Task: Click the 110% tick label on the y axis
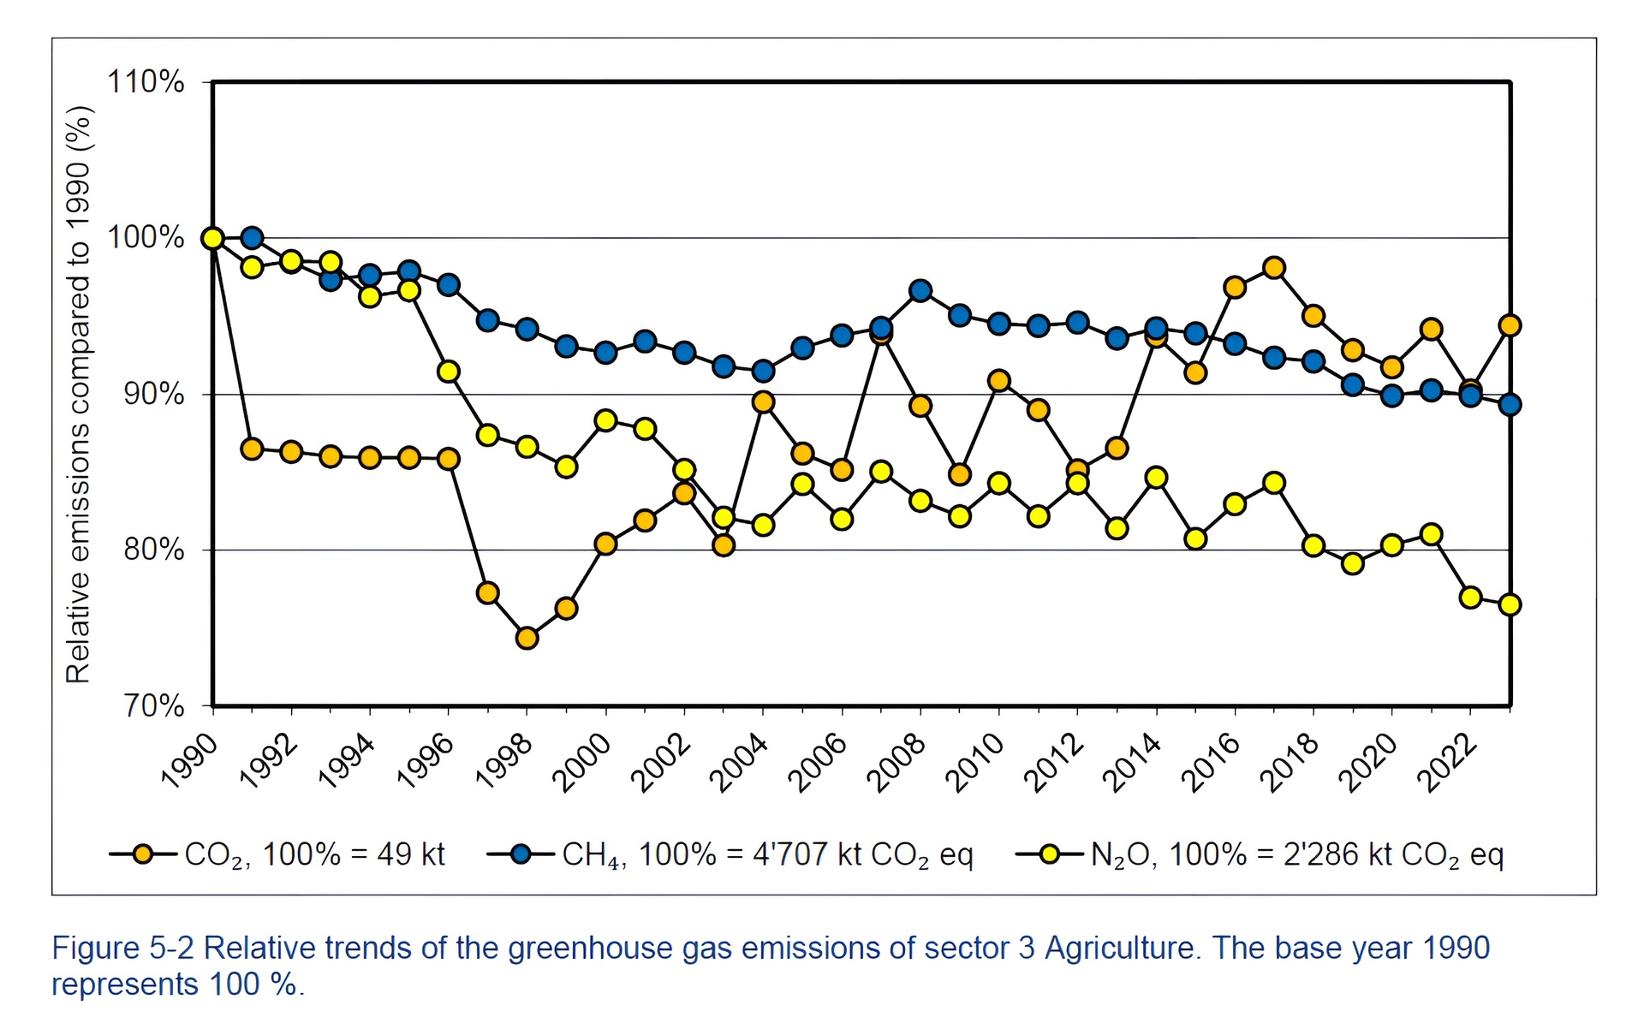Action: [146, 82]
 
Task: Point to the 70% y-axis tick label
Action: [153, 706]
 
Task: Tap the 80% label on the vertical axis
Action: [153, 550]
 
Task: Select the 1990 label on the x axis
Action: [190, 763]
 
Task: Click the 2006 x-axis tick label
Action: [818, 763]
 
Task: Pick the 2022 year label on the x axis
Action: [1446, 763]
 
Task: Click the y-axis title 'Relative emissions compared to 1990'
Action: [79, 394]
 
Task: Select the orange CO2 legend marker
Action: [143, 854]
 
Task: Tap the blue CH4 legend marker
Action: [520, 854]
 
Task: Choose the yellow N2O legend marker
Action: [1049, 854]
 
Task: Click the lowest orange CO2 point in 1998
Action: [527, 638]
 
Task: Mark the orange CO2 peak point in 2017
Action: [1274, 268]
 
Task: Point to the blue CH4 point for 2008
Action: [920, 291]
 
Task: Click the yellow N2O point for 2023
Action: [1510, 604]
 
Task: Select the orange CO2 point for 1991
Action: [252, 449]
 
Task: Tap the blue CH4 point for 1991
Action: [252, 238]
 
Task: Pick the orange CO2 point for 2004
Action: [763, 402]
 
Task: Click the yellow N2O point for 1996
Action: [449, 372]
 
